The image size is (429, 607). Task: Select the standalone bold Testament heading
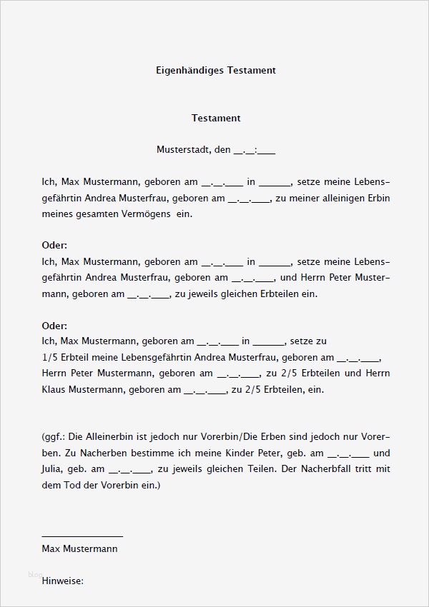click(216, 118)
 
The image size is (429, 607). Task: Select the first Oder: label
click(54, 246)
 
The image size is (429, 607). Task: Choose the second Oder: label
click(54, 326)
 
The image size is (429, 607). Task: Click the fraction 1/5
click(51, 357)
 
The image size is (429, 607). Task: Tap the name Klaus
click(54, 389)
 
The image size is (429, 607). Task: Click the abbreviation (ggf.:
click(54, 437)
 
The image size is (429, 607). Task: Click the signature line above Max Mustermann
click(82, 535)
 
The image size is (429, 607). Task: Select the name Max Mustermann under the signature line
click(79, 549)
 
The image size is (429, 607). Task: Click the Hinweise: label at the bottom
click(63, 581)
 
